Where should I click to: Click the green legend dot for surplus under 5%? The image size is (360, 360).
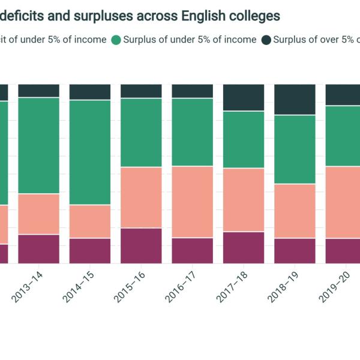click(116, 40)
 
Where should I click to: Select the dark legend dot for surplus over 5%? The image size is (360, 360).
click(266, 40)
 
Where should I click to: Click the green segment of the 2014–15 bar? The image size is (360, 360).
click(90, 152)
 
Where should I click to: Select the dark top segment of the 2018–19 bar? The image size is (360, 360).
click(295, 100)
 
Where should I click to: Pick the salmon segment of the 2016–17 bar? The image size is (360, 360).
click(193, 202)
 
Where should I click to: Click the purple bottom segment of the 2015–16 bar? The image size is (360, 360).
click(141, 245)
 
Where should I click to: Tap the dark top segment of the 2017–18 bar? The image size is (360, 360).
click(244, 97)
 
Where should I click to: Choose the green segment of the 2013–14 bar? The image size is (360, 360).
click(38, 145)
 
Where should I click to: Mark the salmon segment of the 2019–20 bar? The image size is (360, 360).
click(343, 202)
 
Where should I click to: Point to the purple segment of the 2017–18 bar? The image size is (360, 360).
click(244, 247)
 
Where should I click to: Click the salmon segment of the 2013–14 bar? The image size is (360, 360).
click(38, 214)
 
